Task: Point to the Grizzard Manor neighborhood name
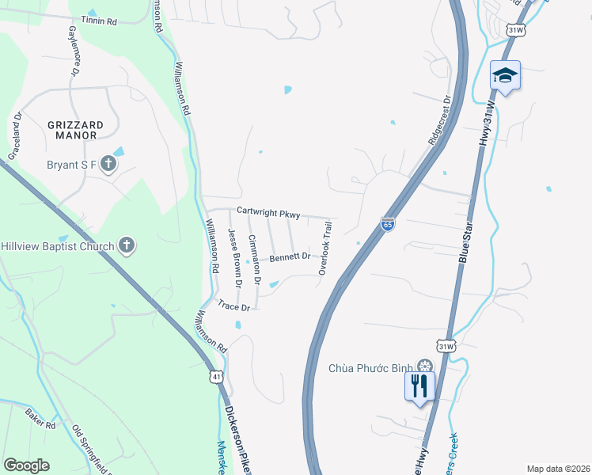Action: pyautogui.click(x=75, y=131)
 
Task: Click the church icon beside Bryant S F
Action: pyautogui.click(x=108, y=165)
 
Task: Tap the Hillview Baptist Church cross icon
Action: pyautogui.click(x=127, y=245)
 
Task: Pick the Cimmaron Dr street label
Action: pyautogui.click(x=255, y=260)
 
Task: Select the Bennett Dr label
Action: pyautogui.click(x=293, y=257)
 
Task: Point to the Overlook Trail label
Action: pyautogui.click(x=325, y=249)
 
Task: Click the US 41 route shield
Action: pyautogui.click(x=217, y=377)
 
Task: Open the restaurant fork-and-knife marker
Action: pyautogui.click(x=419, y=386)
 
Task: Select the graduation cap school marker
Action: pyautogui.click(x=505, y=75)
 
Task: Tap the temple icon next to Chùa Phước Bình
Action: pyautogui.click(x=425, y=367)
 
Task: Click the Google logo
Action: pyautogui.click(x=26, y=465)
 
